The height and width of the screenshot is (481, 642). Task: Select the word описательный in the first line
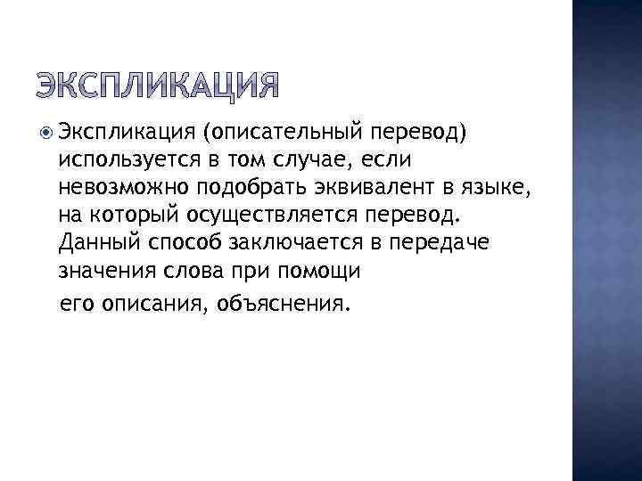[282, 134]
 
